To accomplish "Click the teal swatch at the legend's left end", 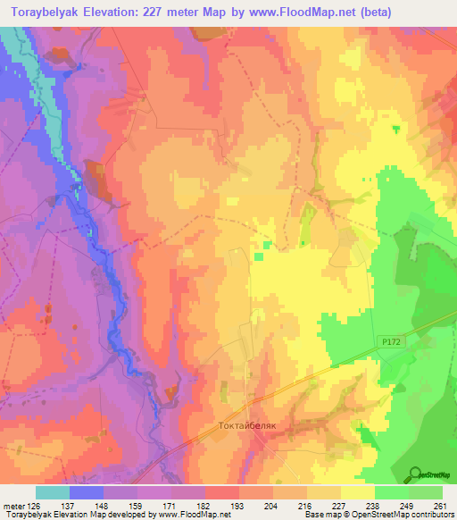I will click(53, 492).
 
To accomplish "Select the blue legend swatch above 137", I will click(87, 492).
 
